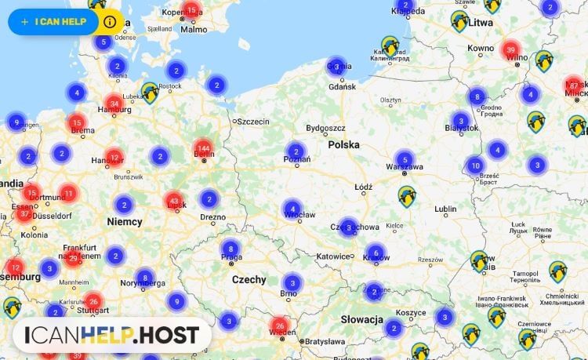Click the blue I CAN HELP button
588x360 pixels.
[53, 21]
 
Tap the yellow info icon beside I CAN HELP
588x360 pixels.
[109, 22]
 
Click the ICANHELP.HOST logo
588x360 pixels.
[111, 336]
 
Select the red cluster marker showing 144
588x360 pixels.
[204, 148]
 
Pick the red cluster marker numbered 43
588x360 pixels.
[174, 202]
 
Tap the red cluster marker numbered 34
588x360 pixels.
[114, 103]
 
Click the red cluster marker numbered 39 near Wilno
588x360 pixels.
[511, 49]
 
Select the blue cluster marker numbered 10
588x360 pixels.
[474, 165]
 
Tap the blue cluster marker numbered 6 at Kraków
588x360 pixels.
[376, 253]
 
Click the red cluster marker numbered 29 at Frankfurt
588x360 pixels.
[73, 256]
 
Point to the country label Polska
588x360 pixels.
[343, 145]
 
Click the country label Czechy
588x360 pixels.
[249, 280]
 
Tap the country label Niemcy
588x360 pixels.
[125, 222]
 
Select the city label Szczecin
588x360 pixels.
[252, 122]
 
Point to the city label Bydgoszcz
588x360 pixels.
[325, 127]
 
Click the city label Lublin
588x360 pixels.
[445, 209]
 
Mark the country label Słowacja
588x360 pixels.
[361, 320]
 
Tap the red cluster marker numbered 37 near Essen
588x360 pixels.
[24, 213]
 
